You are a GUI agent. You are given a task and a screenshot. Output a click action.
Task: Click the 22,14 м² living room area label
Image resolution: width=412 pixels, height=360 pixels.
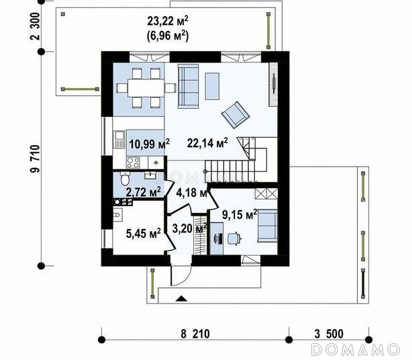(207, 143)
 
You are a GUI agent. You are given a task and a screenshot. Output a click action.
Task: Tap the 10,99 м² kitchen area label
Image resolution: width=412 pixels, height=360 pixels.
(149, 144)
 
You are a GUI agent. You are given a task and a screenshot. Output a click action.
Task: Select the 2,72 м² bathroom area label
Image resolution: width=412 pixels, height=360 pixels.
(143, 192)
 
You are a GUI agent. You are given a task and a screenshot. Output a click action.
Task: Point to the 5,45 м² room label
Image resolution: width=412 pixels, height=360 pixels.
(143, 233)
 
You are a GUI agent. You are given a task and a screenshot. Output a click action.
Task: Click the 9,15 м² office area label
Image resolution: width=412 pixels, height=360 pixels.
(240, 214)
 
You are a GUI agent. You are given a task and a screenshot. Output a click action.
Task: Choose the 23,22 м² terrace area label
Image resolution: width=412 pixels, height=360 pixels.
(168, 21)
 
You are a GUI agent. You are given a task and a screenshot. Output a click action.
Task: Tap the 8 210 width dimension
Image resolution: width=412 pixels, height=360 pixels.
(195, 334)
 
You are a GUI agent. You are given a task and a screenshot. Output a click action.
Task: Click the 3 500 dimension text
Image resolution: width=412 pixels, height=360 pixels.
(329, 334)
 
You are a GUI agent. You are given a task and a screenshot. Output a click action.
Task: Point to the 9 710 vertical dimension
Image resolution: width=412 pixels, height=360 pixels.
(35, 159)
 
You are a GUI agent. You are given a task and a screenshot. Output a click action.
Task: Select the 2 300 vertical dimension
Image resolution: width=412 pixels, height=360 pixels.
(35, 26)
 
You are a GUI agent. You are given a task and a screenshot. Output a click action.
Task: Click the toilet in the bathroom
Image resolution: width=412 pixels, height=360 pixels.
(125, 178)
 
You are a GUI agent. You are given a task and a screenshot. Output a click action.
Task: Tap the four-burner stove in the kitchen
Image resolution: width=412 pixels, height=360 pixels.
(133, 163)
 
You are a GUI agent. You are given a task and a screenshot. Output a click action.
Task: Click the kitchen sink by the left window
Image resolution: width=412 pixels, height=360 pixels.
(119, 139)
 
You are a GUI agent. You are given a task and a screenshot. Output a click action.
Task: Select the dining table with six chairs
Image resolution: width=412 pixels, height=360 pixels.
(146, 88)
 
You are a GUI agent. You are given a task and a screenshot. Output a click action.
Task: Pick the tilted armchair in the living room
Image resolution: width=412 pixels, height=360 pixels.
(236, 115)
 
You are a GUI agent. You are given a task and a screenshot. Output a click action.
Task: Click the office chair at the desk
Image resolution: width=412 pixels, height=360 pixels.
(234, 238)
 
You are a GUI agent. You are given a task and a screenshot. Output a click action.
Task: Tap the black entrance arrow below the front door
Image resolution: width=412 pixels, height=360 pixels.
(182, 298)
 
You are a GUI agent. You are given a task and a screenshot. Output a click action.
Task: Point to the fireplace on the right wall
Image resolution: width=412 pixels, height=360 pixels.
(273, 84)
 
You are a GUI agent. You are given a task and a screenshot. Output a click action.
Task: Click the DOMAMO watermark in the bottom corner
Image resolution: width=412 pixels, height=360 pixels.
(355, 350)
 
